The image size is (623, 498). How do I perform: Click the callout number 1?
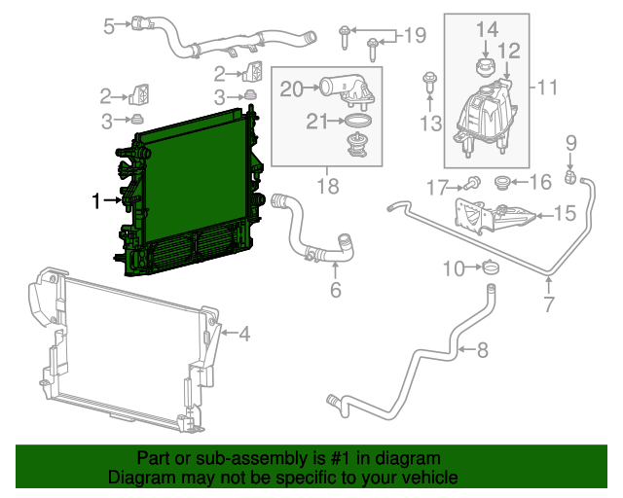point(96,201)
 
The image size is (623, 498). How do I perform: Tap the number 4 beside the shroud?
point(244,335)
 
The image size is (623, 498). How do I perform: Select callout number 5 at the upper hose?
point(109,26)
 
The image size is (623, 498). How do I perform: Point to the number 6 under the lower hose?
point(336,290)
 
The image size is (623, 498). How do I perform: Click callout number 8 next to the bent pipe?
point(484,349)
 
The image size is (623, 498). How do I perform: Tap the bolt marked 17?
point(473,182)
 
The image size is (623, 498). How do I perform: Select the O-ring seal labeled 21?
point(359,121)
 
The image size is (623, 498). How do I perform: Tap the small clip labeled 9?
point(573,176)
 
